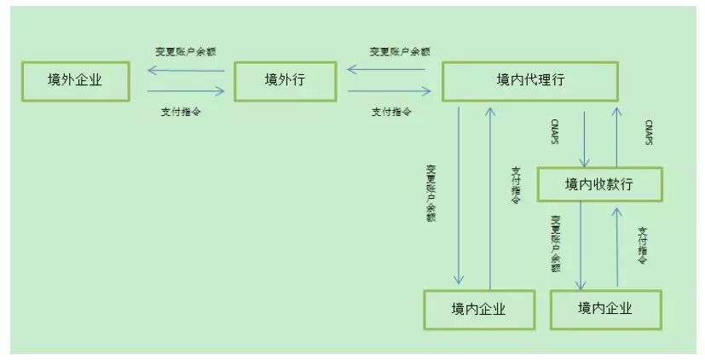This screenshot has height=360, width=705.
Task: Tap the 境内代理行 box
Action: click(529, 80)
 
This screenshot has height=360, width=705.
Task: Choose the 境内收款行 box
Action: click(599, 183)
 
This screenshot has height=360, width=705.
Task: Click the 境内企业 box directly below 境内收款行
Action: click(605, 308)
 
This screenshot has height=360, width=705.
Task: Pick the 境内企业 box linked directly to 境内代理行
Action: click(478, 309)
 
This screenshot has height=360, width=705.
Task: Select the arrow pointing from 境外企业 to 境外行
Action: click(186, 90)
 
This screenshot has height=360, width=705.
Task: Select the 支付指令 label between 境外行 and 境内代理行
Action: click(393, 111)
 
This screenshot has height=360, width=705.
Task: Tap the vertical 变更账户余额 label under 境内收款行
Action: click(555, 243)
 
